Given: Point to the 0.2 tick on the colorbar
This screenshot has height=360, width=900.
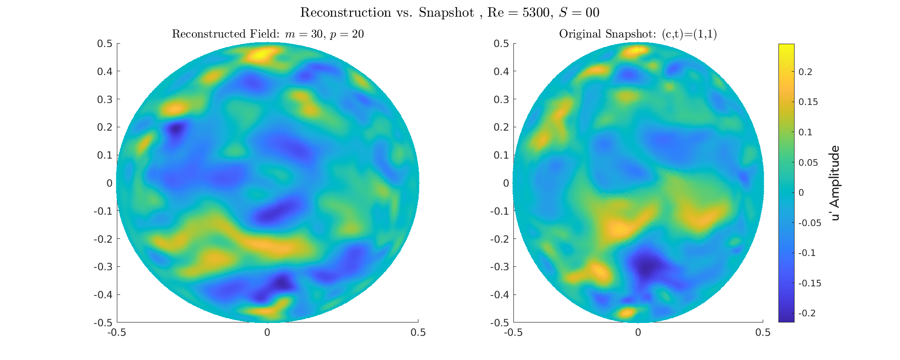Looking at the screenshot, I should (805, 72).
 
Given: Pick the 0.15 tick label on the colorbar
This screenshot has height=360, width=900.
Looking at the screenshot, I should (808, 102).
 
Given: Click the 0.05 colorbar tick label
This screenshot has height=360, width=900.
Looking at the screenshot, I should (808, 162).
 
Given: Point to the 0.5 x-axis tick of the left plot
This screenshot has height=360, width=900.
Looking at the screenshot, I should (418, 332).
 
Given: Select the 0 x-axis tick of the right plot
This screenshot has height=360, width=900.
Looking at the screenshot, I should (638, 332).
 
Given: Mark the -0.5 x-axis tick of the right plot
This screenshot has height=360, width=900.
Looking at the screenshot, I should (513, 332).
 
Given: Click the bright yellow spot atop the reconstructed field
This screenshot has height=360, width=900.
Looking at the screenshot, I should (260, 55).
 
